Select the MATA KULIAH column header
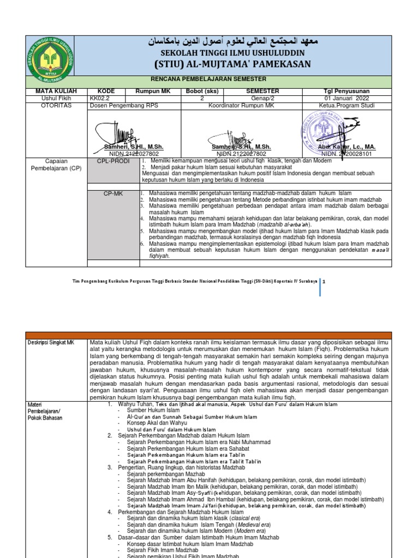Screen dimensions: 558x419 (56, 91)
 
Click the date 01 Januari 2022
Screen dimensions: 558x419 (346, 99)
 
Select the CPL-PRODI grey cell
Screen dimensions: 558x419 (113, 161)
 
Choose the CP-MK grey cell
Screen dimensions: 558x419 (113, 193)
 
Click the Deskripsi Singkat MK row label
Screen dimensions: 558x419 (51, 343)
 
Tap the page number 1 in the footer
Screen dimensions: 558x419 (324, 282)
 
